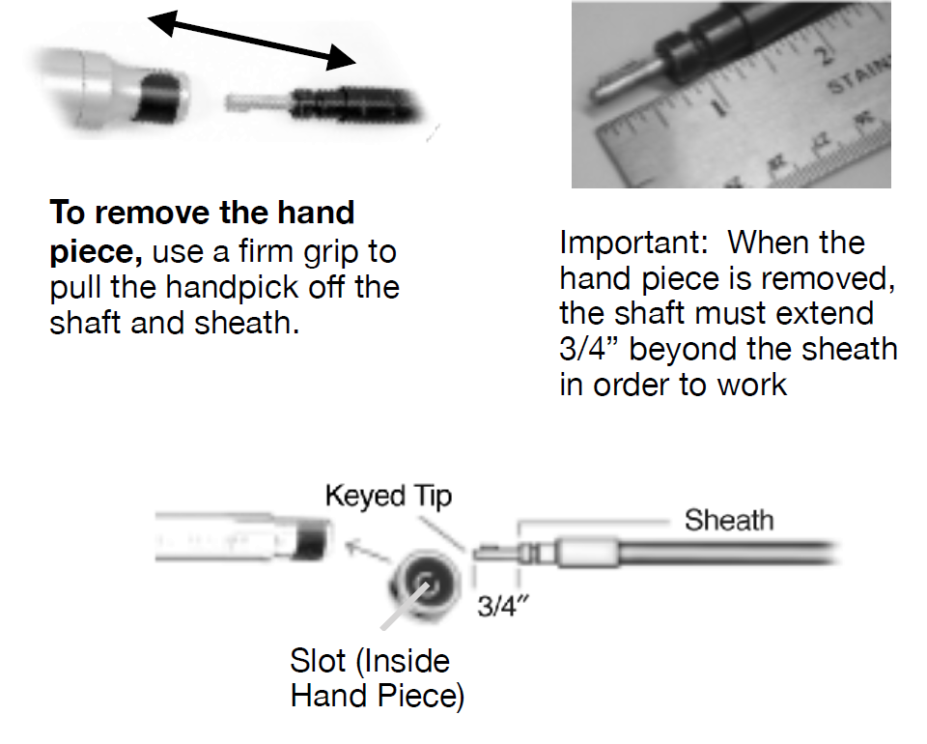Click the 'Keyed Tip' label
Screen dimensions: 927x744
388,497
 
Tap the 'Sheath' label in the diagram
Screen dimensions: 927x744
729,521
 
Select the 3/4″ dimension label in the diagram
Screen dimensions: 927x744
502,606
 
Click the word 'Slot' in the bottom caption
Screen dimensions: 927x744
318,660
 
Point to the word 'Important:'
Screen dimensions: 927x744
633,243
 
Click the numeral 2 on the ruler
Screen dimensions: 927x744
824,56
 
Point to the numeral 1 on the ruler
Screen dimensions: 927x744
718,108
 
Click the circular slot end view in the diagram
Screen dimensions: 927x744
424,584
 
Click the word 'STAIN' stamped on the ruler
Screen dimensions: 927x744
858,74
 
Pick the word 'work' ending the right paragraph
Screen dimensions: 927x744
752,385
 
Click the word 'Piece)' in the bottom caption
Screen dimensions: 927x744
422,696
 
